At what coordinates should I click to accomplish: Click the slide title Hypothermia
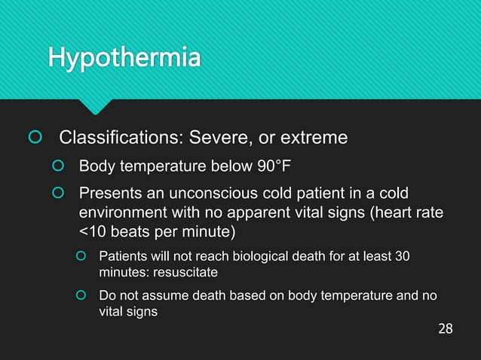point(124,57)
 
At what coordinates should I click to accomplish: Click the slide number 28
point(446,329)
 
